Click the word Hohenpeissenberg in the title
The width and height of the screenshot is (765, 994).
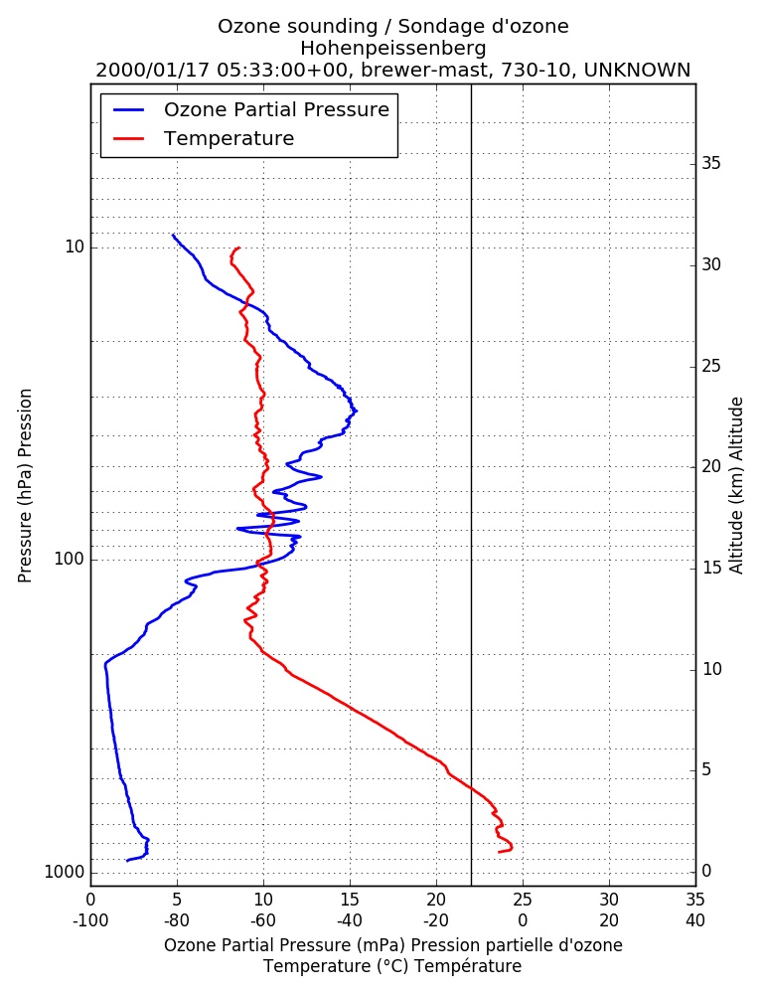pos(393,48)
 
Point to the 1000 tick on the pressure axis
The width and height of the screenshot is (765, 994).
pos(65,873)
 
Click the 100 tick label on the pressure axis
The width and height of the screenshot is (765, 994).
pos(70,559)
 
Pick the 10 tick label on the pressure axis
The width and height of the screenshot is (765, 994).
pos(75,247)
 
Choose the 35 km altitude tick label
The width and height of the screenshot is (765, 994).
pos(711,164)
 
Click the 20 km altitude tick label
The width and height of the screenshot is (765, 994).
pos(711,466)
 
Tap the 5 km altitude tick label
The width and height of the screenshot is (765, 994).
pos(706,769)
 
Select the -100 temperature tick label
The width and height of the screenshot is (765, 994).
pos(90,920)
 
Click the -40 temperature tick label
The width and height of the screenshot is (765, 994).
pos(350,920)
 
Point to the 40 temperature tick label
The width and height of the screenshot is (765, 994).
pos(695,920)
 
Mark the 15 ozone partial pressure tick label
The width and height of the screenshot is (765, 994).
pos(350,900)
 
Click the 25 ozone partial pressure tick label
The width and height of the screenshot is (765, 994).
pos(523,900)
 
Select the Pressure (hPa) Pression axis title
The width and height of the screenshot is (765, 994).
pos(25,486)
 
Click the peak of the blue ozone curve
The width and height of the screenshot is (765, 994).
pos(357,411)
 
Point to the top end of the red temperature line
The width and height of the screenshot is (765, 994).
pos(239,248)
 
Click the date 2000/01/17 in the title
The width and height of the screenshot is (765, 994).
pos(153,70)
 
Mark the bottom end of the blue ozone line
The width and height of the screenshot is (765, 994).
pos(127,860)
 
